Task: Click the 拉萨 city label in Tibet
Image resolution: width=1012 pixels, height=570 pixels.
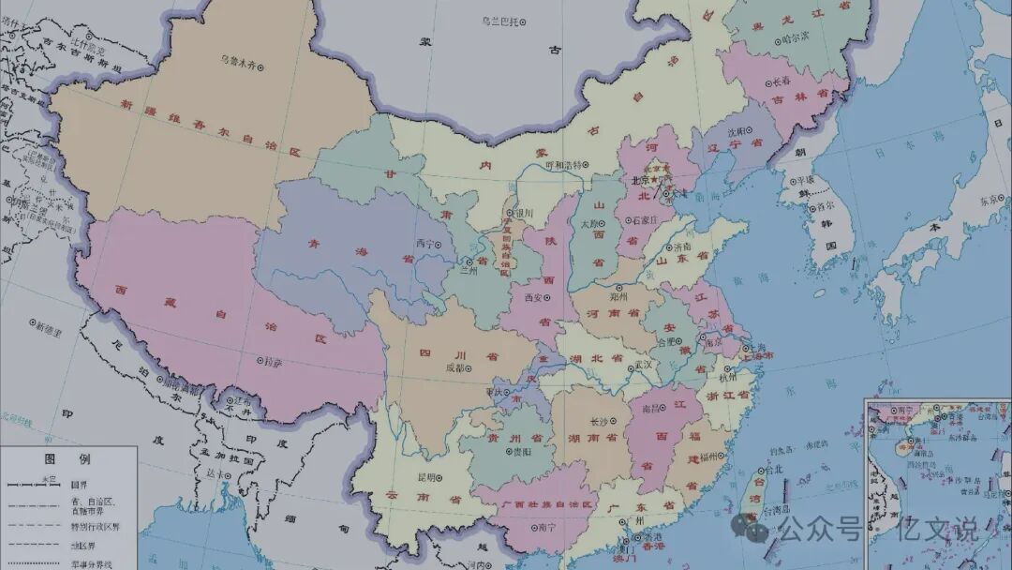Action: [270, 360]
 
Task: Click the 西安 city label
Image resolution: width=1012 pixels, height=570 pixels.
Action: [534, 297]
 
